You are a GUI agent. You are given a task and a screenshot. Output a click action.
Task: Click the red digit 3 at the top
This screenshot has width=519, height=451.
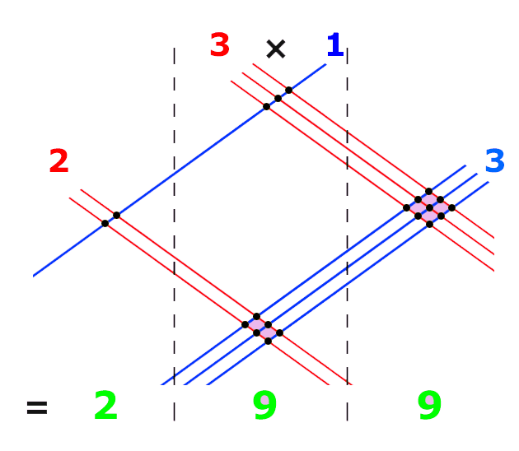coord(220,44)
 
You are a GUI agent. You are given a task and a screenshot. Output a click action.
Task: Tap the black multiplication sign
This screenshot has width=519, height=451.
coord(276,49)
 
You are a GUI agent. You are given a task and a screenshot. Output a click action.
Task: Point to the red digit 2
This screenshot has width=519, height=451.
coord(59,160)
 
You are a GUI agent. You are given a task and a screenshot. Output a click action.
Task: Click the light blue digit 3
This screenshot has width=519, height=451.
coord(495,160)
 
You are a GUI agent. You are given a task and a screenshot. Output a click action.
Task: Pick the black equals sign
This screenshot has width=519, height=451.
coord(37,407)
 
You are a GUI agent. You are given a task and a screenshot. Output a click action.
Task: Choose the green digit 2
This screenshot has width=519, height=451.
coord(106,405)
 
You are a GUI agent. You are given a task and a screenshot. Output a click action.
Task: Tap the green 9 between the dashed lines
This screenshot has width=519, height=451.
coord(264,405)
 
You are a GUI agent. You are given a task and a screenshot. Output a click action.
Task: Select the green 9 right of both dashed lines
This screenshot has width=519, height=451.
coord(429,405)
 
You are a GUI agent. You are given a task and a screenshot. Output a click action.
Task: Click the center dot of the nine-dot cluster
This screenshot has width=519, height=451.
coord(429,207)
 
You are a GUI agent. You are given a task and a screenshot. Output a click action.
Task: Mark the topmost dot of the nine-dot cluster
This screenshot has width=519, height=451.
coord(428,191)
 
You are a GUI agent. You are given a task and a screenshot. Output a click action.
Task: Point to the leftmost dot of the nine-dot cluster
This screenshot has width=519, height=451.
coord(406,207)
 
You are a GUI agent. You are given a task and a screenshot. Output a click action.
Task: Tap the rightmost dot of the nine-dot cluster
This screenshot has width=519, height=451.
coord(451,207)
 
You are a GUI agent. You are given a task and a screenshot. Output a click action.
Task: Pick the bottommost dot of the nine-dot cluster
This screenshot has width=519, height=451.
coord(429,224)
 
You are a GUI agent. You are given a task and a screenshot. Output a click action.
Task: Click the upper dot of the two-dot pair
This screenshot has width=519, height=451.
coord(116,216)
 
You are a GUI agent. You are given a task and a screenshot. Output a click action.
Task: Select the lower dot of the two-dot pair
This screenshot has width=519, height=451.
coord(105,224)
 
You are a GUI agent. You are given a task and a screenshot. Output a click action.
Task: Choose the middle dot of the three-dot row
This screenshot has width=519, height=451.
coord(278,98)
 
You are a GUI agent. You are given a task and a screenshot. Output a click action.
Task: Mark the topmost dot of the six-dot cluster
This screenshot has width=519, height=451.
coord(256,316)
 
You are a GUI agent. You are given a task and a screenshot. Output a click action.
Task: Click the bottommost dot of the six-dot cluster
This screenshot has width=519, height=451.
coord(268,341)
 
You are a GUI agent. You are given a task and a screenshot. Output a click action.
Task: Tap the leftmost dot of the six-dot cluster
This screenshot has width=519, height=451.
coord(245,325)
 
